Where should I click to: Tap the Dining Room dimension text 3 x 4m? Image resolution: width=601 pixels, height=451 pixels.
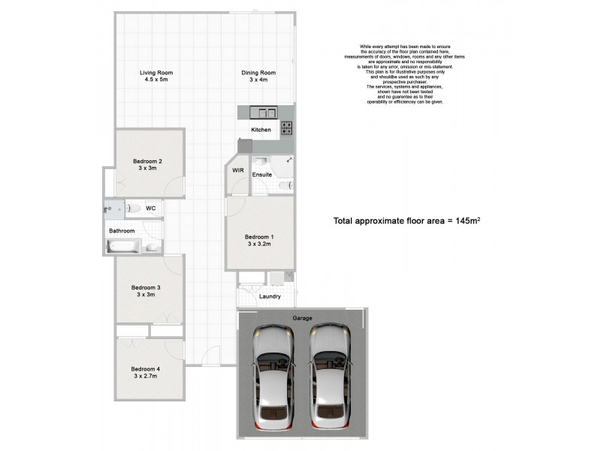[258, 80]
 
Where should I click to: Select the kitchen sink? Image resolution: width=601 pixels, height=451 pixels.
[264, 113]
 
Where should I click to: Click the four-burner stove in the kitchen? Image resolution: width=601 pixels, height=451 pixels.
[287, 129]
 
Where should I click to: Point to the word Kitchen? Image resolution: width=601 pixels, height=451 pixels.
[261, 130]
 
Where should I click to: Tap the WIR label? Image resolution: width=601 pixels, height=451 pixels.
[237, 171]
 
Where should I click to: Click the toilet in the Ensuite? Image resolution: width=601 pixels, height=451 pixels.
[285, 185]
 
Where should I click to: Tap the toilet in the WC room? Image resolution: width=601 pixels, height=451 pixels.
[133, 208]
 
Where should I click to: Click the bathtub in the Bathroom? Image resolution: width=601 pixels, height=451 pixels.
[123, 246]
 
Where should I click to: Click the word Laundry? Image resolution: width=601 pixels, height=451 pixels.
[269, 296]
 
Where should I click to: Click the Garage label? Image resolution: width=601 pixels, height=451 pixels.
[303, 318]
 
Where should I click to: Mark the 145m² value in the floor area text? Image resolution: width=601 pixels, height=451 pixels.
[465, 221]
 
